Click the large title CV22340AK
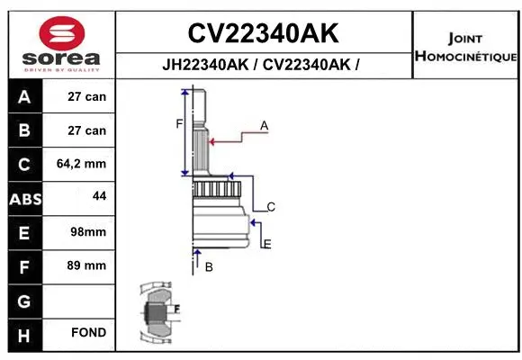(263, 33)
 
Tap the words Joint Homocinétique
(465, 48)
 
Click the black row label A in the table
(24, 96)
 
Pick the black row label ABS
(24, 199)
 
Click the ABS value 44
(99, 195)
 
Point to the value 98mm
(87, 231)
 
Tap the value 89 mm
(87, 265)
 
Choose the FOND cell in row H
(88, 333)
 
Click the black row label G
(24, 301)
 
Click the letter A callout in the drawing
(265, 126)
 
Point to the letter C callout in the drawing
(270, 207)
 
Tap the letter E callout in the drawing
(267, 243)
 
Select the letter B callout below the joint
(208, 267)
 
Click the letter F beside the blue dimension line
(178, 123)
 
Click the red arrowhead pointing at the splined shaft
(212, 139)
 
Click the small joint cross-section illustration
(159, 313)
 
